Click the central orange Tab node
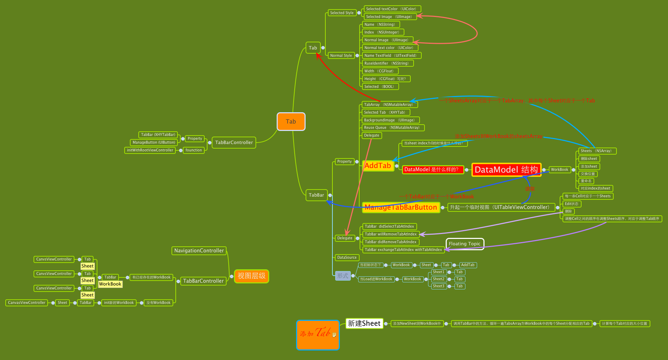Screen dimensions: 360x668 pyautogui.click(x=291, y=121)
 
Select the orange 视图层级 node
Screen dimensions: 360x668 pyautogui.click(x=251, y=276)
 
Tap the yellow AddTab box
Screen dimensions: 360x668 pyautogui.click(x=378, y=166)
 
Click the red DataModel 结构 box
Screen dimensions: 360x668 pyautogui.click(x=506, y=170)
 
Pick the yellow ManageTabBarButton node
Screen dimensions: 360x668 pyautogui.click(x=401, y=208)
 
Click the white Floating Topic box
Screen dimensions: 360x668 pyautogui.click(x=464, y=244)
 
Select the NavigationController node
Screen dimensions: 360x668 pyautogui.click(x=199, y=251)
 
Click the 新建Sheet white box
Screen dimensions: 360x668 pyautogui.click(x=364, y=323)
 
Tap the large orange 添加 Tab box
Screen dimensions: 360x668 pyautogui.click(x=318, y=335)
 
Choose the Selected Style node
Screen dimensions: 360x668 pyautogui.click(x=342, y=13)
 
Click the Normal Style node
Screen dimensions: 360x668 pyautogui.click(x=341, y=55)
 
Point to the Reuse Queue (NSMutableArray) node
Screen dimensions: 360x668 pyautogui.click(x=393, y=128)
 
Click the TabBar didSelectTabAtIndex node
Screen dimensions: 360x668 pyautogui.click(x=389, y=227)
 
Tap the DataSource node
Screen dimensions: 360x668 pyautogui.click(x=347, y=258)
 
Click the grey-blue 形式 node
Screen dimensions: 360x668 pyautogui.click(x=343, y=276)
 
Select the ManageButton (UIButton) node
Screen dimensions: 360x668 pyautogui.click(x=154, y=143)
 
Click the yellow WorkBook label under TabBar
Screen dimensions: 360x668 pyautogui.click(x=110, y=284)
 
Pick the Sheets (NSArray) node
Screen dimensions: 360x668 pyautogui.click(x=597, y=151)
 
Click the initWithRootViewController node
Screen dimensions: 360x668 pyautogui.click(x=150, y=150)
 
